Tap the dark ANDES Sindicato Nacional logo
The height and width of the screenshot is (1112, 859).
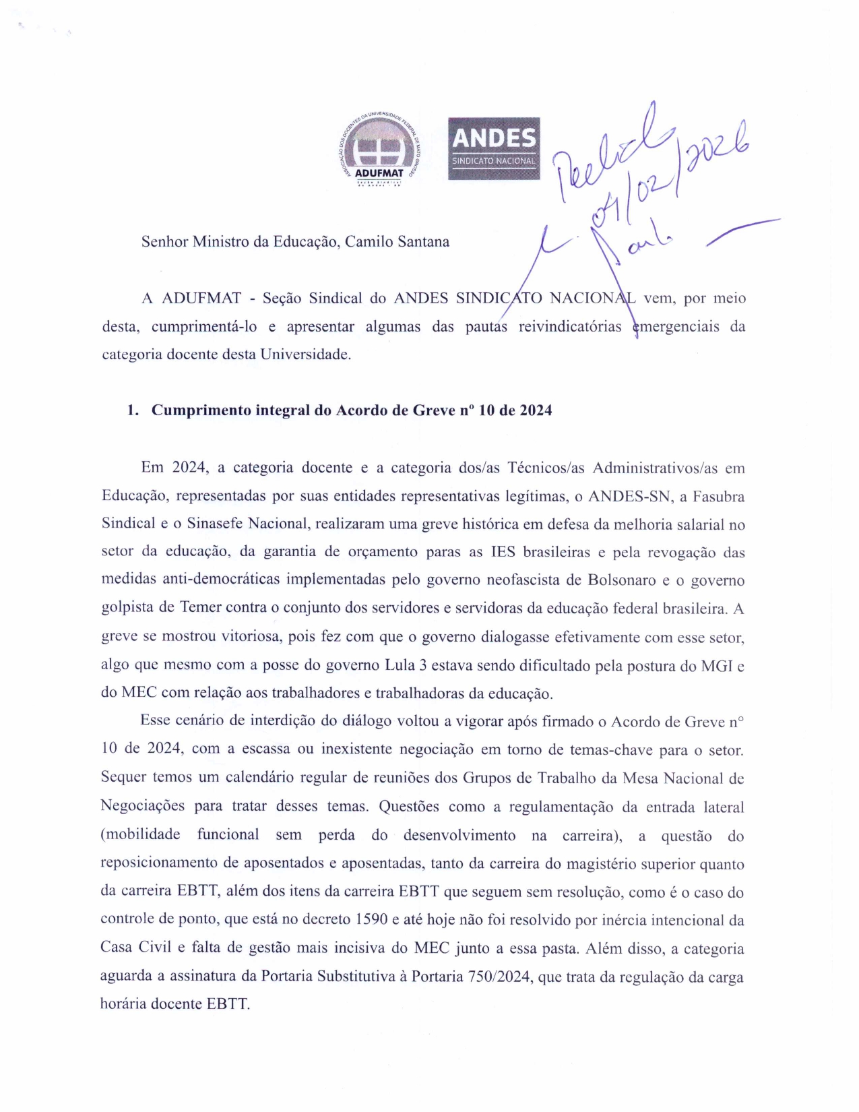(494, 148)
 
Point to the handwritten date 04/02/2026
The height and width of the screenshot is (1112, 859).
(667, 175)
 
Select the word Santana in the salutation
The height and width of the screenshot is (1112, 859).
(423, 242)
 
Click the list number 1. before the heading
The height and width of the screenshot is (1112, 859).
(133, 410)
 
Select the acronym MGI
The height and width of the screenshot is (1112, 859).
(717, 665)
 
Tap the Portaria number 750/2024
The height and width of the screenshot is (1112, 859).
(499, 977)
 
